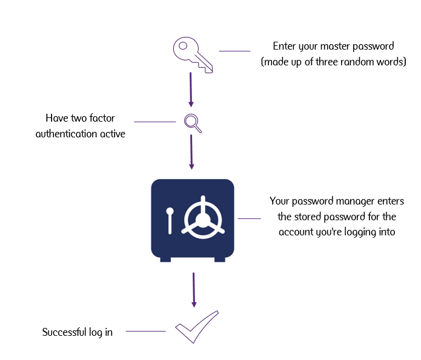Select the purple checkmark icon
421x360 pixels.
(x=196, y=327)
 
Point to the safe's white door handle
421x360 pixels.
(x=170, y=220)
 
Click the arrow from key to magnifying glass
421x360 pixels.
(x=191, y=90)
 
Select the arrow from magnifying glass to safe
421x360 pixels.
(x=191, y=152)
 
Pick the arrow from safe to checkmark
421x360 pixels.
(x=194, y=290)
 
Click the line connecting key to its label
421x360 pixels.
(x=234, y=51)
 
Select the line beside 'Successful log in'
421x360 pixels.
(x=145, y=331)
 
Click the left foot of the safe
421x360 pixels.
(x=165, y=259)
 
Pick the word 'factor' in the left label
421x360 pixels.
(x=101, y=118)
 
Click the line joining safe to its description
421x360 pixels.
(x=248, y=218)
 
